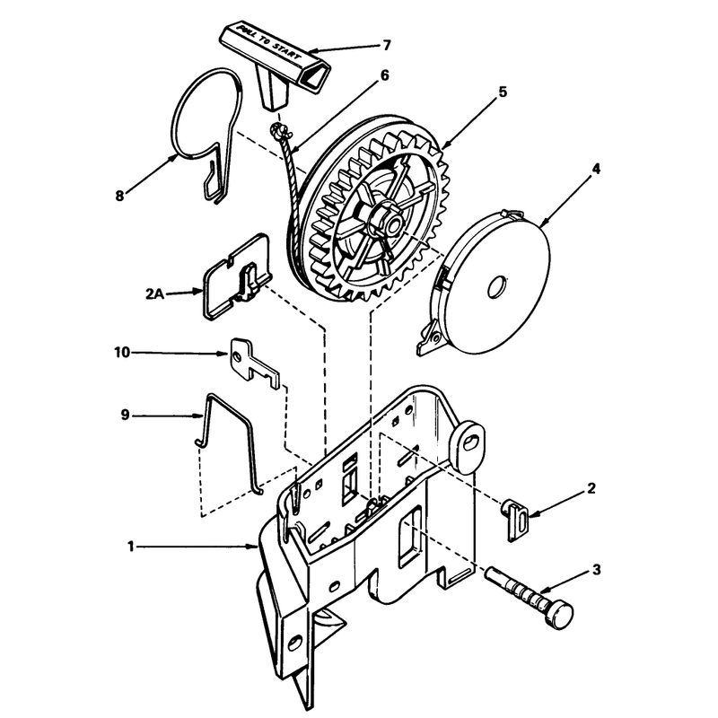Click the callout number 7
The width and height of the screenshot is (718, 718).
(387, 46)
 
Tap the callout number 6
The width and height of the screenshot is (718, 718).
(384, 75)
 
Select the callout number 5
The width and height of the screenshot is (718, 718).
(503, 92)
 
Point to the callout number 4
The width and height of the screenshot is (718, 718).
(596, 169)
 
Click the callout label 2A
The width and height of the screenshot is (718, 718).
(154, 293)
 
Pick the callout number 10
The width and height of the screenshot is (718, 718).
(122, 353)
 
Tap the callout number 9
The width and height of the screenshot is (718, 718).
(125, 415)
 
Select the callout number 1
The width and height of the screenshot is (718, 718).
(130, 547)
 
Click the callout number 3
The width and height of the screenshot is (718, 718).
(596, 570)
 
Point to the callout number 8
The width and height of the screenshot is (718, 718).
(119, 196)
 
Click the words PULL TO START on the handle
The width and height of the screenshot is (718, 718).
(268, 44)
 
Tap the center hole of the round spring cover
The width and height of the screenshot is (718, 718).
(496, 287)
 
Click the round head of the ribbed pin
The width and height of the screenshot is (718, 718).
(559, 616)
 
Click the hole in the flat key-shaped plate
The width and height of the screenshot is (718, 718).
(236, 355)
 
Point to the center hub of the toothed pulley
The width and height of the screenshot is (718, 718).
(389, 222)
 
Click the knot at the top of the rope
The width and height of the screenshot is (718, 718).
(278, 129)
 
